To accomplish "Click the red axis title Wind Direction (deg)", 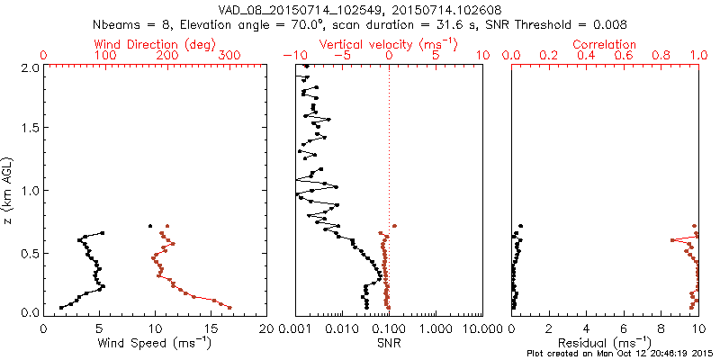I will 155,44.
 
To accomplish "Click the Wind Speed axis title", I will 156,344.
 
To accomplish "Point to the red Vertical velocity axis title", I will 389,44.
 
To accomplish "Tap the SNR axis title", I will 389,344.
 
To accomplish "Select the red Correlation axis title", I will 605,44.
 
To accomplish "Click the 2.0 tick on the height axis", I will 28,67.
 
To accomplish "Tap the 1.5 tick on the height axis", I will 28,129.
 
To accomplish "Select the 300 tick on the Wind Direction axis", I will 229,56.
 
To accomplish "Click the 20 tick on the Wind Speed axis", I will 266,329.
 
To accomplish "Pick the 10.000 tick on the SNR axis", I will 481,329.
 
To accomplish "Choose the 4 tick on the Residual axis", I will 587,329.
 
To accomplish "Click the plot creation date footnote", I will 621,354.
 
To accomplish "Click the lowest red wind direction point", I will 229,307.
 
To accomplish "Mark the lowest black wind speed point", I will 61,308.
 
